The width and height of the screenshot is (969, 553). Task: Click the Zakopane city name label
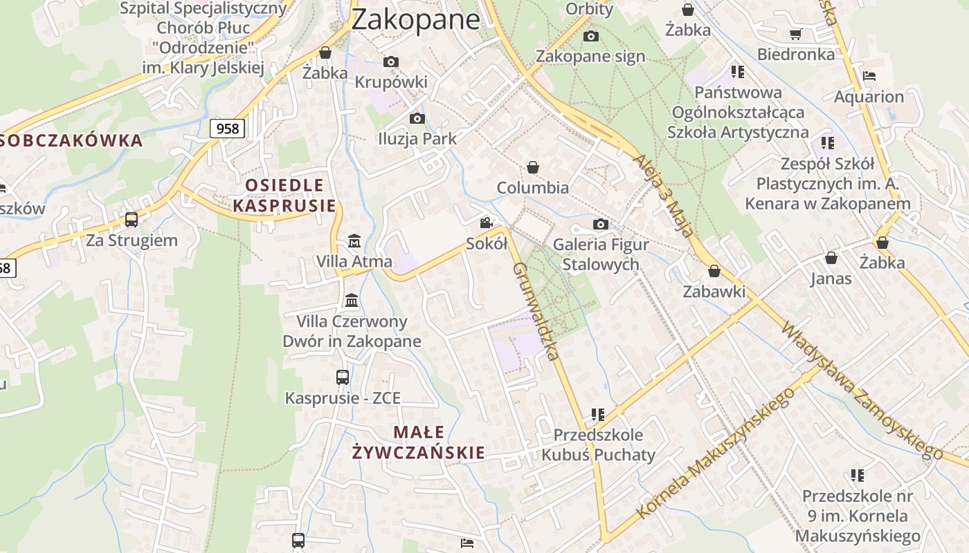415,19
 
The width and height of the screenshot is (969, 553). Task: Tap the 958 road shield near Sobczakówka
227,128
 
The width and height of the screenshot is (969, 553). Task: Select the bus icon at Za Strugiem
131,220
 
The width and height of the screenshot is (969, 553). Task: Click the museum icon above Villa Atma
354,241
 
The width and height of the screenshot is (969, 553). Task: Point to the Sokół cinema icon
487,223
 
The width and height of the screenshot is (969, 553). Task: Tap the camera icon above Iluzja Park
417,118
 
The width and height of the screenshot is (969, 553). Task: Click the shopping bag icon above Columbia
533,167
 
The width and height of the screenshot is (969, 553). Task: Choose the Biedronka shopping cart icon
796,34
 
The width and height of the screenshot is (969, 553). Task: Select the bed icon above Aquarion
869,76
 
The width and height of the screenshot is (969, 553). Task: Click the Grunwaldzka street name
535,311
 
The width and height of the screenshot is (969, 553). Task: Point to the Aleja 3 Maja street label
662,196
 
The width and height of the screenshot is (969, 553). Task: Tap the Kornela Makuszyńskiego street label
716,453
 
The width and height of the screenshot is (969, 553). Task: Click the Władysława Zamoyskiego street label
862,391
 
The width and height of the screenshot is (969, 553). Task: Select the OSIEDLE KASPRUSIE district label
284,195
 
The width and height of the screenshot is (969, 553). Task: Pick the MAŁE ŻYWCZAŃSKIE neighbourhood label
418,442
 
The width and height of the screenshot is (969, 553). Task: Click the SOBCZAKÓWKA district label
71,141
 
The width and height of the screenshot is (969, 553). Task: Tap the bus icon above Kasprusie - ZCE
343,377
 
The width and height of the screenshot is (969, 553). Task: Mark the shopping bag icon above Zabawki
714,271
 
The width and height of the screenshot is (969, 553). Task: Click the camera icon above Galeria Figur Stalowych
601,224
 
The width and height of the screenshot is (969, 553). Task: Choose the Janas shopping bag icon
831,258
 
